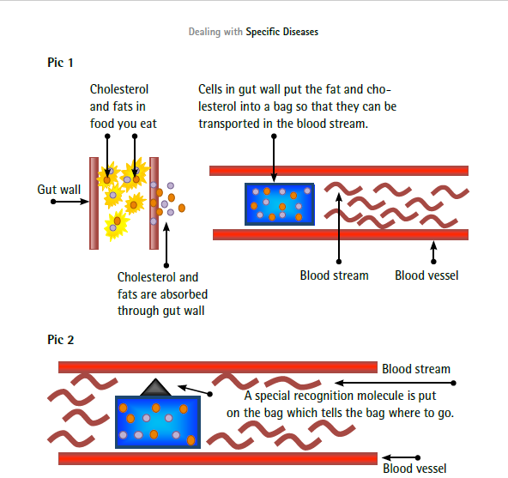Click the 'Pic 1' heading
[60, 63]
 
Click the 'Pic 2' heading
[61, 340]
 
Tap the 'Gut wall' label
[59, 190]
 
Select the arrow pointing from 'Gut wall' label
[70, 202]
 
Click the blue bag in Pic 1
[280, 204]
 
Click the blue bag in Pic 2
[158, 422]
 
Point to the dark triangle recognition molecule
[155, 387]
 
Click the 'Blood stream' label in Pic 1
[334, 275]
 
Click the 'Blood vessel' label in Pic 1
[426, 275]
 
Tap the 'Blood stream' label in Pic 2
[416, 369]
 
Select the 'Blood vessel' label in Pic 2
[414, 469]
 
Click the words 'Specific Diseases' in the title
[281, 32]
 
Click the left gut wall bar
[94, 203]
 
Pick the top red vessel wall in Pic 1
[339, 171]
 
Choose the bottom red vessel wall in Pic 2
[218, 458]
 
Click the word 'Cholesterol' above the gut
[119, 89]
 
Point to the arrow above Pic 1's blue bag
[274, 158]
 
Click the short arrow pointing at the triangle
[195, 390]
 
